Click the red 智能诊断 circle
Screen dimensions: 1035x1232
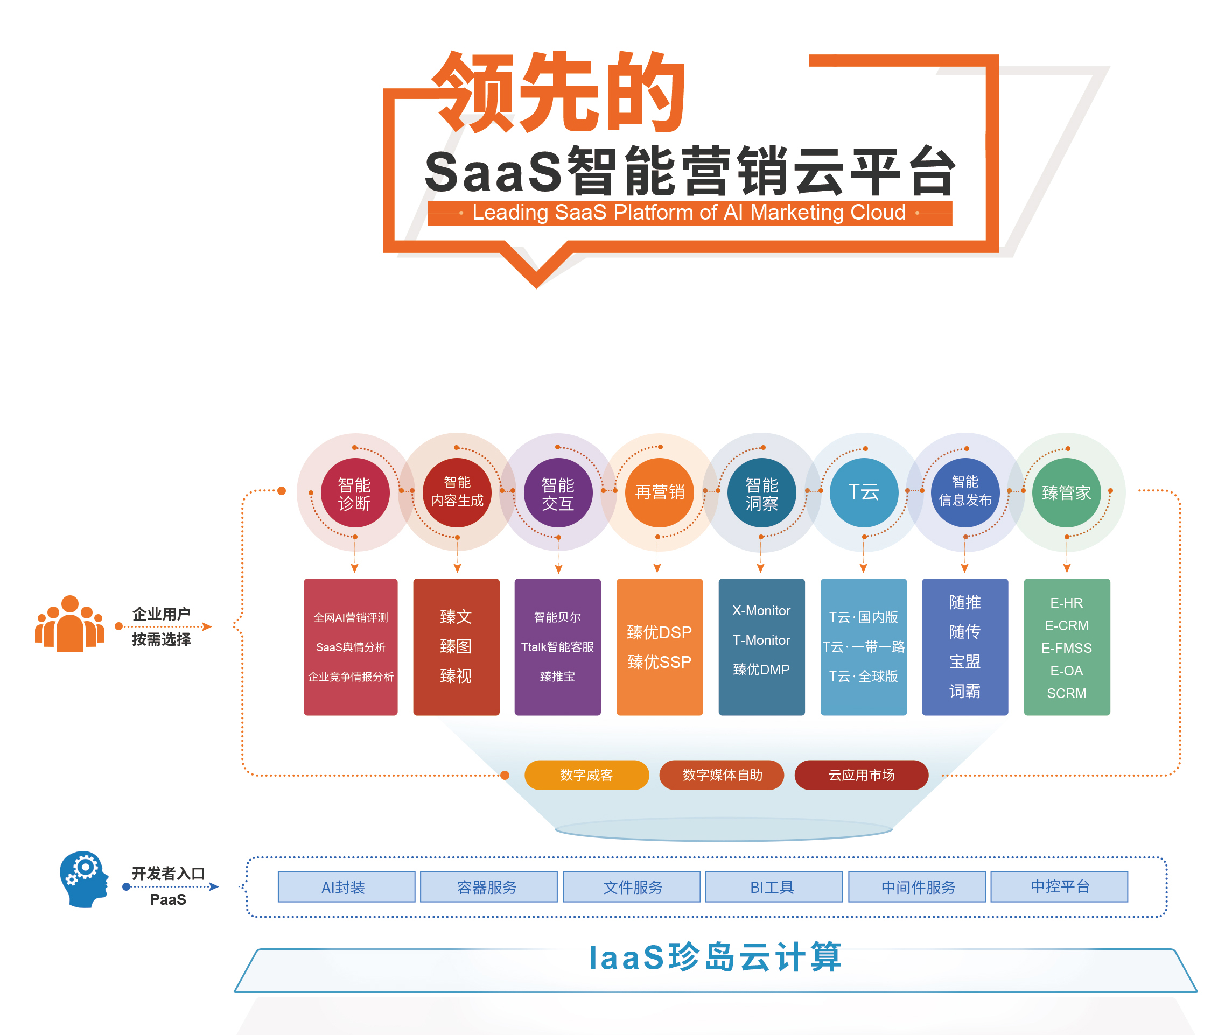coord(354,493)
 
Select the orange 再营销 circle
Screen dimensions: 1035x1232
coord(660,492)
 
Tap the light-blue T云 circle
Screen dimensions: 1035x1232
coord(863,492)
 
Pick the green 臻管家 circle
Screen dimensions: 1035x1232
coord(1066,492)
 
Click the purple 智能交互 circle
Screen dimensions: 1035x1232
coord(558,493)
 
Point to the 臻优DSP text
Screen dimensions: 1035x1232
coord(659,632)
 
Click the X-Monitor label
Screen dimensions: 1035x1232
coord(761,611)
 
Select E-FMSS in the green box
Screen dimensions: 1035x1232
coord(1067,649)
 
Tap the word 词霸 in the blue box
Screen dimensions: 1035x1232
coord(964,691)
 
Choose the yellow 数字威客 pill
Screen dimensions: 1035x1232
coord(586,775)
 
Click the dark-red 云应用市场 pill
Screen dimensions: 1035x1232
coord(861,775)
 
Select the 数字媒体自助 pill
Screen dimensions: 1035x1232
coord(722,775)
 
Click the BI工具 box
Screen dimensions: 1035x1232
coord(773,886)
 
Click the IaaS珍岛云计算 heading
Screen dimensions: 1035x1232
coord(715,957)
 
